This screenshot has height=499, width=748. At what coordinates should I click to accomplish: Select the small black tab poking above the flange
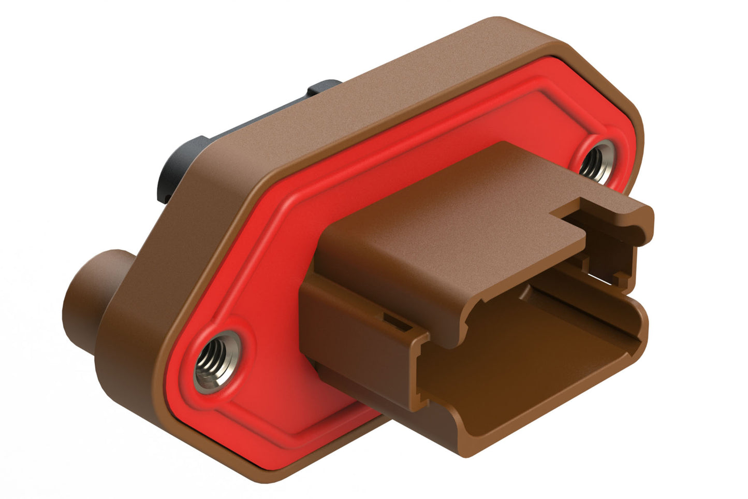coord(324,88)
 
